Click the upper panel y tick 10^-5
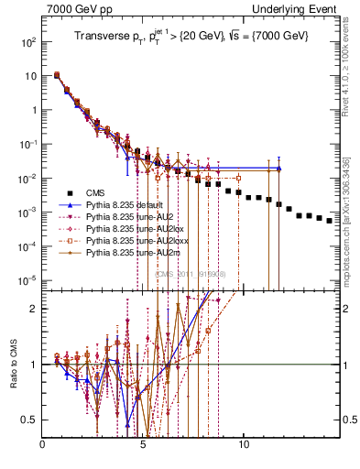coord(30,279)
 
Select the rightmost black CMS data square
coord(329,220)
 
